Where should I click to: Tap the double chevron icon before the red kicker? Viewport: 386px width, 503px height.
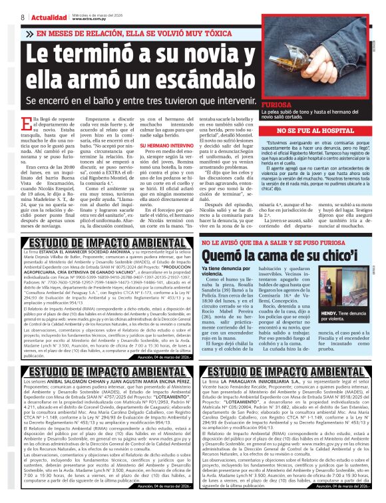pyautogui.click(x=30, y=33)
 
